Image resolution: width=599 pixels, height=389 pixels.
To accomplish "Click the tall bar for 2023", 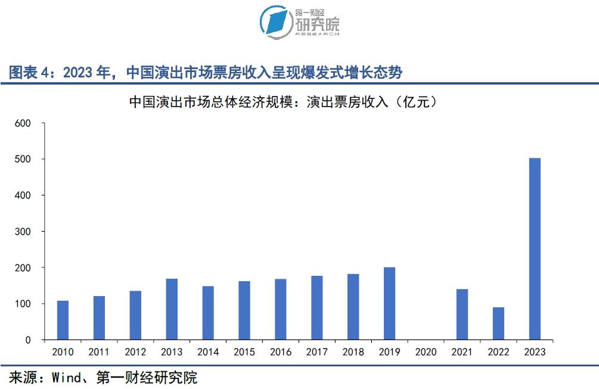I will click(535, 249).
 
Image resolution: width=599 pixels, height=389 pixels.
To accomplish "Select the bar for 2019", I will click(389, 303).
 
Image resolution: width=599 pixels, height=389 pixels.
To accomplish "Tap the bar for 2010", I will click(63, 320).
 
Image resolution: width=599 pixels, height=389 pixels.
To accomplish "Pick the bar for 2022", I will click(498, 323).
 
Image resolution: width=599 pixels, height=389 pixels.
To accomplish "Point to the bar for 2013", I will click(172, 309).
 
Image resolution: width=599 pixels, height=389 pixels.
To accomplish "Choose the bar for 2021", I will click(462, 315).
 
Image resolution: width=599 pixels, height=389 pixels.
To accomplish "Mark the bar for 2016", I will click(281, 309).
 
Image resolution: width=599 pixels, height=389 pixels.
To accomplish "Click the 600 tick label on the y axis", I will click(23, 123).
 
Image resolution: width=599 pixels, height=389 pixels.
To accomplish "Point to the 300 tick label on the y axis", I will click(23, 232).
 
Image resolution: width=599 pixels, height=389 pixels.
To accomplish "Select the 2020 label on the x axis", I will click(426, 352).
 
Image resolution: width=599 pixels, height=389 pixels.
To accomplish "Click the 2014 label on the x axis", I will click(208, 352).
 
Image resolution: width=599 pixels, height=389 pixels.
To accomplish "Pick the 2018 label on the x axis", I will click(353, 352).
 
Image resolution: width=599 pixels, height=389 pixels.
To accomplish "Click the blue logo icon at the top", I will click(276, 21).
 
